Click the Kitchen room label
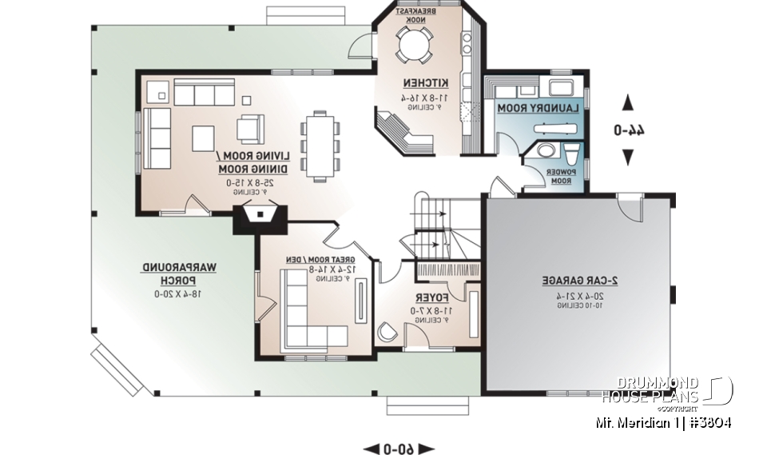(425, 83)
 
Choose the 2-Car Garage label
(574, 281)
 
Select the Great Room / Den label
(320, 260)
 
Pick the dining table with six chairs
(320, 146)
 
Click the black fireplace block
(259, 218)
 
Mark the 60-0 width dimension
(398, 448)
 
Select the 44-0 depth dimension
(627, 129)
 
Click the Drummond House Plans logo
(666, 390)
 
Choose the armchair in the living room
(250, 127)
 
